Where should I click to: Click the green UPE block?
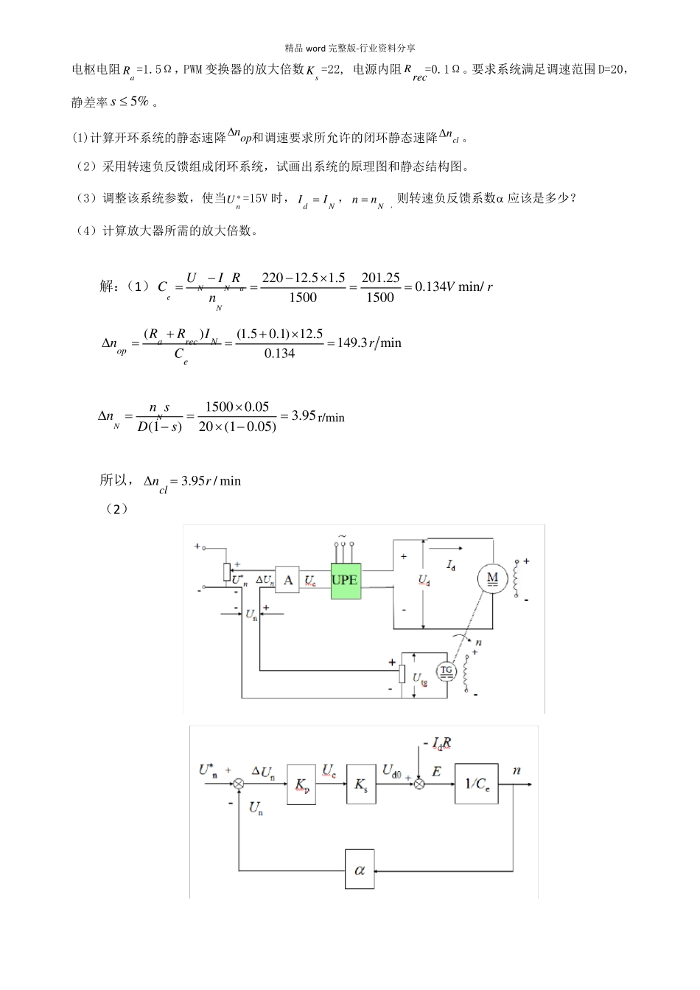point(344,580)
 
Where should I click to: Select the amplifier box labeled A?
point(288,580)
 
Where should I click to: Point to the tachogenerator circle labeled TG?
point(445,670)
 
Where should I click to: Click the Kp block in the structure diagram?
point(300,786)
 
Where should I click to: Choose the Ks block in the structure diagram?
point(360,786)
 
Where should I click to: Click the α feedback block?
point(360,870)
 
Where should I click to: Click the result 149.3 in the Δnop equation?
point(352,343)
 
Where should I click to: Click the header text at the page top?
point(350,48)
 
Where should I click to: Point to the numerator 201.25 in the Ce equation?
point(380,278)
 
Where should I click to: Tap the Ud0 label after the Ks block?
point(391,770)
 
